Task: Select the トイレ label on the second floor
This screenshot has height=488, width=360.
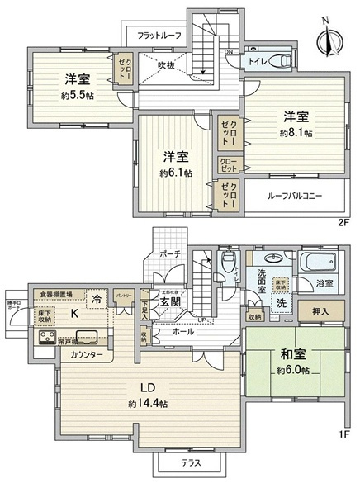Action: [x=257, y=60]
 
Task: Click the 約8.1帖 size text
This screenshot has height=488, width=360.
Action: [x=295, y=132]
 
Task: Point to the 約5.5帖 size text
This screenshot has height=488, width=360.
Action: [x=75, y=96]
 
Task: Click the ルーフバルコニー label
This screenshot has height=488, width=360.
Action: [x=294, y=196]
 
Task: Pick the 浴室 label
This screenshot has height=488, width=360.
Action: [x=323, y=284]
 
